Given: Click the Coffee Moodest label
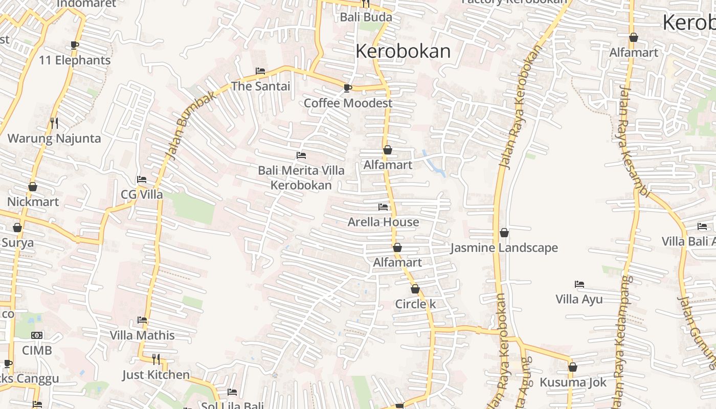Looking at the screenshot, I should pyautogui.click(x=348, y=103).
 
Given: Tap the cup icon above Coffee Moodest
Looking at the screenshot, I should pyautogui.click(x=348, y=88).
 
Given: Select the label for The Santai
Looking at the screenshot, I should pyautogui.click(x=261, y=86).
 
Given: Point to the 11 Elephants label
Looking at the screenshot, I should pyautogui.click(x=75, y=60).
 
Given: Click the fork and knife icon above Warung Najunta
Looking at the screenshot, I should pyautogui.click(x=54, y=123).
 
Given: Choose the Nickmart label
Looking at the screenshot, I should pyautogui.click(x=33, y=202).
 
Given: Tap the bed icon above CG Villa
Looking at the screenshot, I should pyautogui.click(x=142, y=179).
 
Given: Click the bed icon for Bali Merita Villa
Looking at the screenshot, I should pyautogui.click(x=301, y=155).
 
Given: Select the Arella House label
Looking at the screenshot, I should pyautogui.click(x=383, y=222).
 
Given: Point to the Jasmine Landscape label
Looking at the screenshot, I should pyautogui.click(x=504, y=248).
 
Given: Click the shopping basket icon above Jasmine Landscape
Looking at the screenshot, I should pyautogui.click(x=504, y=233).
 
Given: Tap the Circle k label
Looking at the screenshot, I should pyautogui.click(x=415, y=304).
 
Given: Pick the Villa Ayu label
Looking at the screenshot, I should pyautogui.click(x=579, y=300).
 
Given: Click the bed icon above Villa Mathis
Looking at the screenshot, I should pyautogui.click(x=142, y=321).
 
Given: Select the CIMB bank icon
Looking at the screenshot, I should pyautogui.click(x=37, y=335).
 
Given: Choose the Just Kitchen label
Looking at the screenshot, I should pyautogui.click(x=156, y=375).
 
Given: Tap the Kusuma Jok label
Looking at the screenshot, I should pyautogui.click(x=573, y=382).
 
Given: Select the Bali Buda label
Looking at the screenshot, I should pyautogui.click(x=366, y=17).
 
